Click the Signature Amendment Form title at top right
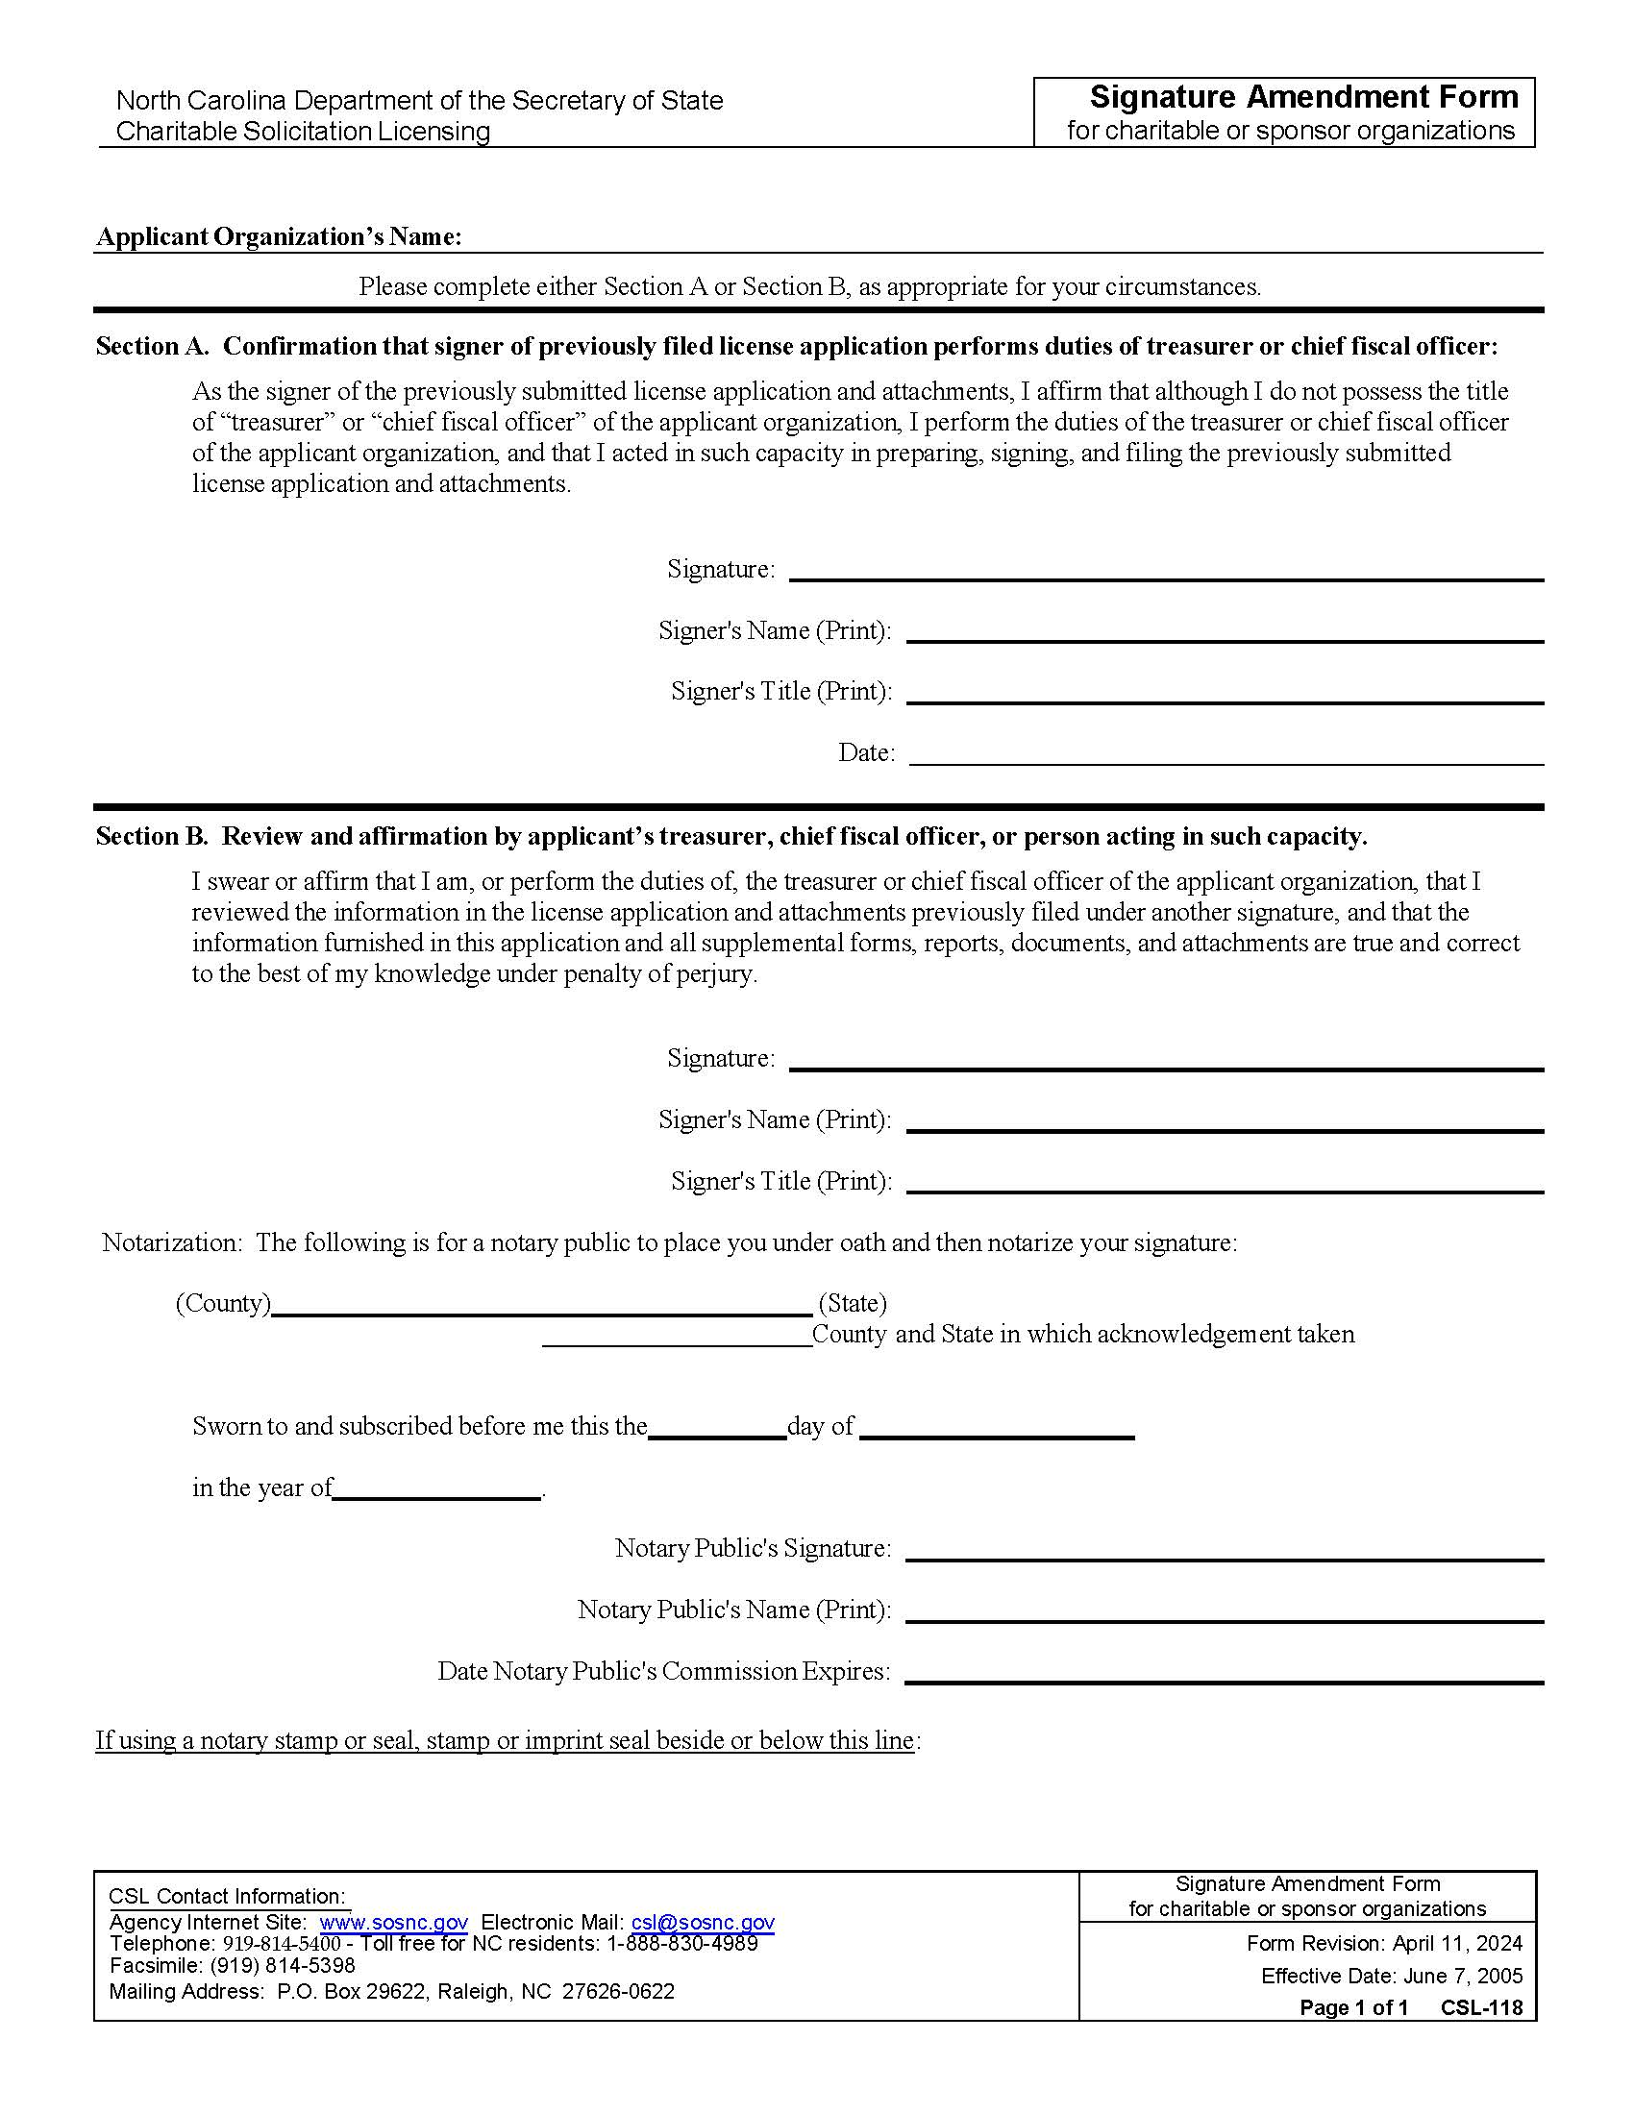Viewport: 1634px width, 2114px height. pyautogui.click(x=1303, y=98)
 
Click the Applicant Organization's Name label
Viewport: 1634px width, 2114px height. pyautogui.click(x=279, y=237)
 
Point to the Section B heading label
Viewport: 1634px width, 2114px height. pyautogui.click(x=152, y=836)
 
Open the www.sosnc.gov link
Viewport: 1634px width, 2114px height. pyautogui.click(x=393, y=1923)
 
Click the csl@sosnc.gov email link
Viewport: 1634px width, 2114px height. pyautogui.click(x=702, y=1923)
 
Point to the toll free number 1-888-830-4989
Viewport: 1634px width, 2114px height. pyautogui.click(x=681, y=1944)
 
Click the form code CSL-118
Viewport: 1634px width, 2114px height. pyautogui.click(x=1480, y=2007)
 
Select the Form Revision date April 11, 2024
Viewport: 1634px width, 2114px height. pyautogui.click(x=1457, y=1944)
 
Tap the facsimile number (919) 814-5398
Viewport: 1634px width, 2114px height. pyautogui.click(x=282, y=1965)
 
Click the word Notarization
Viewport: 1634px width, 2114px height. pyautogui.click(x=170, y=1242)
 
